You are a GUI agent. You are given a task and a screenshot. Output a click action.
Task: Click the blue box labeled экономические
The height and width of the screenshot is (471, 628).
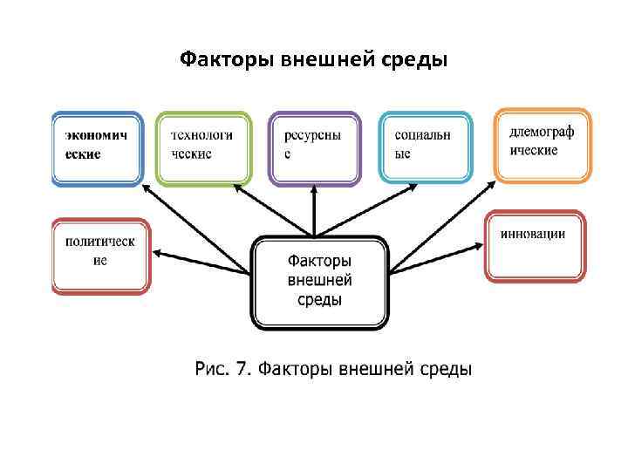coord(97,147)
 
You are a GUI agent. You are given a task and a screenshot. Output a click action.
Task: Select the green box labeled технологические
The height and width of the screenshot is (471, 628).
coord(203,147)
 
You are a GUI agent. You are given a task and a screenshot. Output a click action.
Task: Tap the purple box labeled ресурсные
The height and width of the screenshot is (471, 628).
coord(314,147)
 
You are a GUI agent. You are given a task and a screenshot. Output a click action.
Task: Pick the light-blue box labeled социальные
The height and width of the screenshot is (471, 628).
coord(426,147)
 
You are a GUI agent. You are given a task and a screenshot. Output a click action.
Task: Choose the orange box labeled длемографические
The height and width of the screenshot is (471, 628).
coord(543,144)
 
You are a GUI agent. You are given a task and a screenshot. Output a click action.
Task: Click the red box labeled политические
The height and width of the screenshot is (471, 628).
coord(100,256)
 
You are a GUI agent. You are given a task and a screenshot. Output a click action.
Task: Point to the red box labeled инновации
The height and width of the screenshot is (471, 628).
coord(533,245)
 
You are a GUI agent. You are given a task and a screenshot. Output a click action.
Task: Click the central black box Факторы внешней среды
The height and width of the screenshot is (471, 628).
coord(319,283)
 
